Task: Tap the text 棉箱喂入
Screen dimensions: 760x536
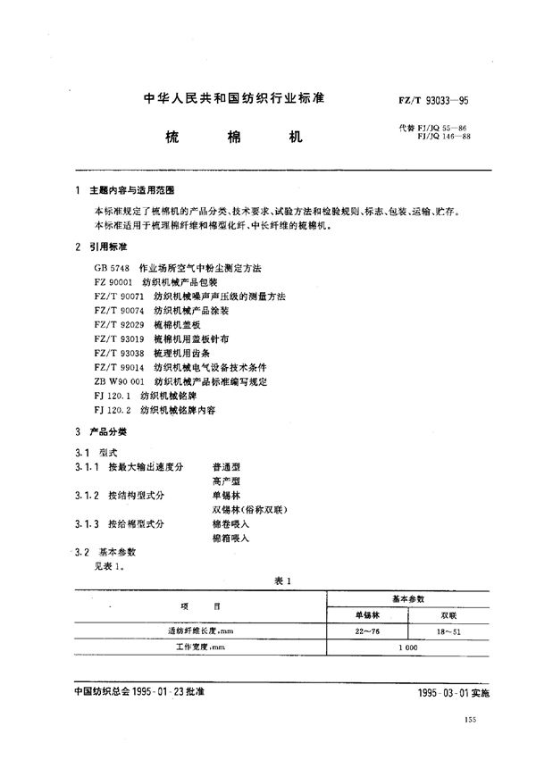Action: click(x=230, y=539)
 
